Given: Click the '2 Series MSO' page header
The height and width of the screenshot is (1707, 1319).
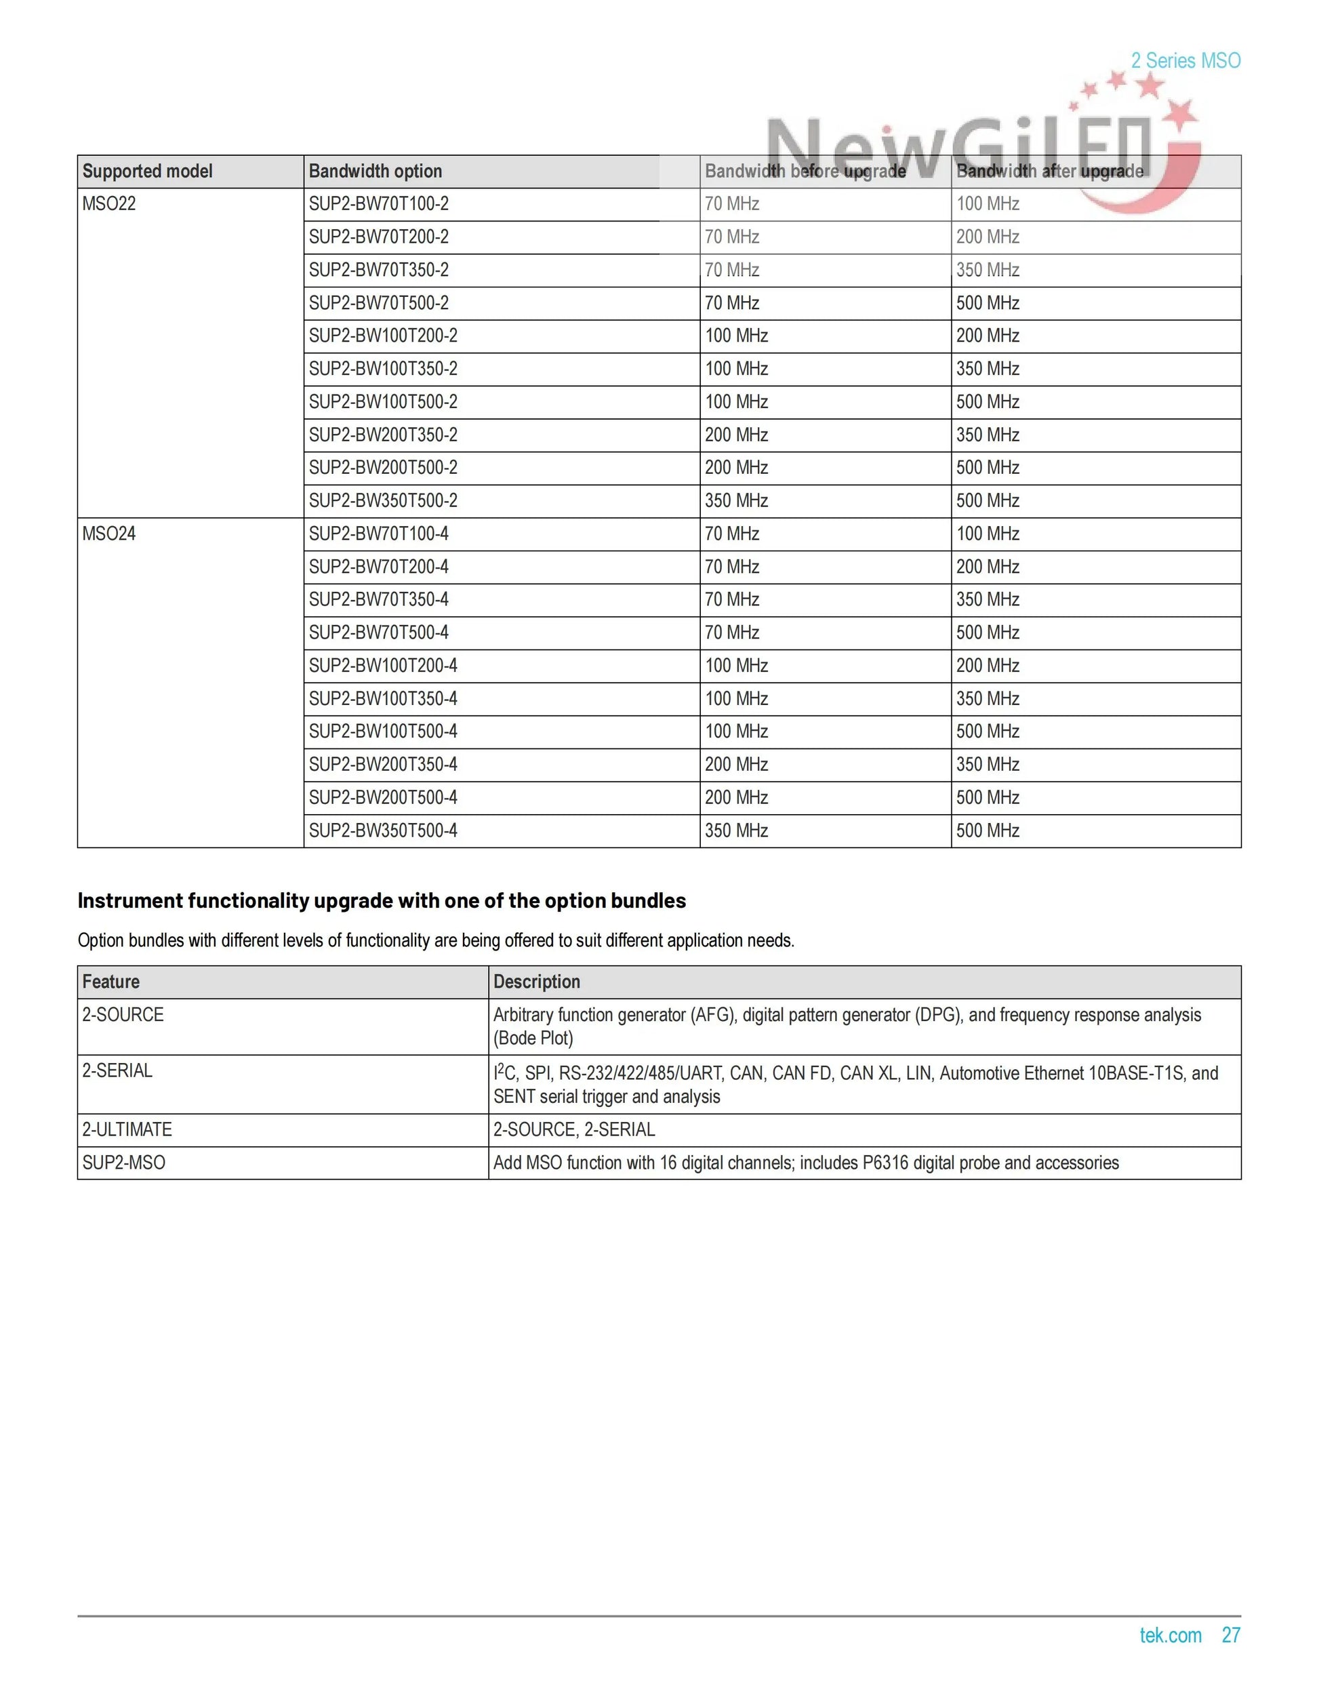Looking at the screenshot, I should [x=1185, y=61].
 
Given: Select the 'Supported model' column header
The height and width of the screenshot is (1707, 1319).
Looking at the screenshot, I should [x=147, y=171].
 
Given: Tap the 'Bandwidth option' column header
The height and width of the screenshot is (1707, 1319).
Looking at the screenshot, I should [x=375, y=171].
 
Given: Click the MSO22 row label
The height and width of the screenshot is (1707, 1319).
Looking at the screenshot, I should [x=108, y=204].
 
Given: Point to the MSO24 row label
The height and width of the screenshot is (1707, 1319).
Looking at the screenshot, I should [x=108, y=534].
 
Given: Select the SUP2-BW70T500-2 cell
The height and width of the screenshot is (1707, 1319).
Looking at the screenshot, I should [x=379, y=303].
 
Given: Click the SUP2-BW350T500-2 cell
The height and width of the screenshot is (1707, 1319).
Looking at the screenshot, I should [x=383, y=501].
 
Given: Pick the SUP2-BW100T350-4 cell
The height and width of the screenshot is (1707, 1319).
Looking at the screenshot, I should [x=383, y=699].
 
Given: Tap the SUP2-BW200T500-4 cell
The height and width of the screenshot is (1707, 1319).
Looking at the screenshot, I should [x=383, y=798].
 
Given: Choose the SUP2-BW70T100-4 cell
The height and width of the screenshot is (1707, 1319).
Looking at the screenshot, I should [x=379, y=534].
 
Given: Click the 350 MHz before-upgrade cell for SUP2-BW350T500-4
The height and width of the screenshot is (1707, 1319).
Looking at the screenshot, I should [x=736, y=831].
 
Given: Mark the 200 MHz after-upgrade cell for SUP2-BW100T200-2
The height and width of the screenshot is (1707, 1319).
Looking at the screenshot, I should [x=988, y=336].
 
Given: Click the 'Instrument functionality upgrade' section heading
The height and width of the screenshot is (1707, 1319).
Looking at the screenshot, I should [x=382, y=900].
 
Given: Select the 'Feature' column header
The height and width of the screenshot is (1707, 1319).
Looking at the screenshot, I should [x=110, y=982].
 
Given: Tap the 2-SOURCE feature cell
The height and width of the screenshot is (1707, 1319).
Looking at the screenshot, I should [x=123, y=1015].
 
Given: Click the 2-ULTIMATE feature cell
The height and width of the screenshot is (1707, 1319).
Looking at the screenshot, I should [x=127, y=1129].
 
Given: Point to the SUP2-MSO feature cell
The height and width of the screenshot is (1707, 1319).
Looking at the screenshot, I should [x=123, y=1163].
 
